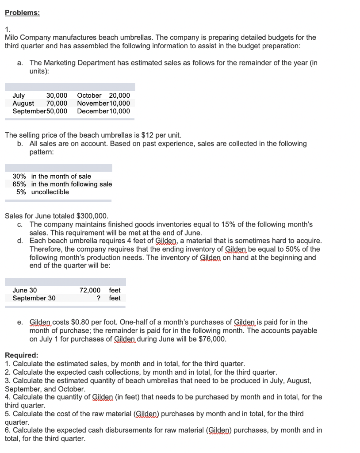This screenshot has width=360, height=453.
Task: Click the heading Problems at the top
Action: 22,13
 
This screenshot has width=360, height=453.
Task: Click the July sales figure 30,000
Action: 57,96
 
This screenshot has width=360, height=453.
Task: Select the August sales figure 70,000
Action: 57,103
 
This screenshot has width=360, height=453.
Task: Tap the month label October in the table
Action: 89,96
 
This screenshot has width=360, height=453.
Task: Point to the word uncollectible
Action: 50,192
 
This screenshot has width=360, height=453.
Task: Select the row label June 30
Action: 25,290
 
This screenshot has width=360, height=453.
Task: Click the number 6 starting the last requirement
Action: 7,430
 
